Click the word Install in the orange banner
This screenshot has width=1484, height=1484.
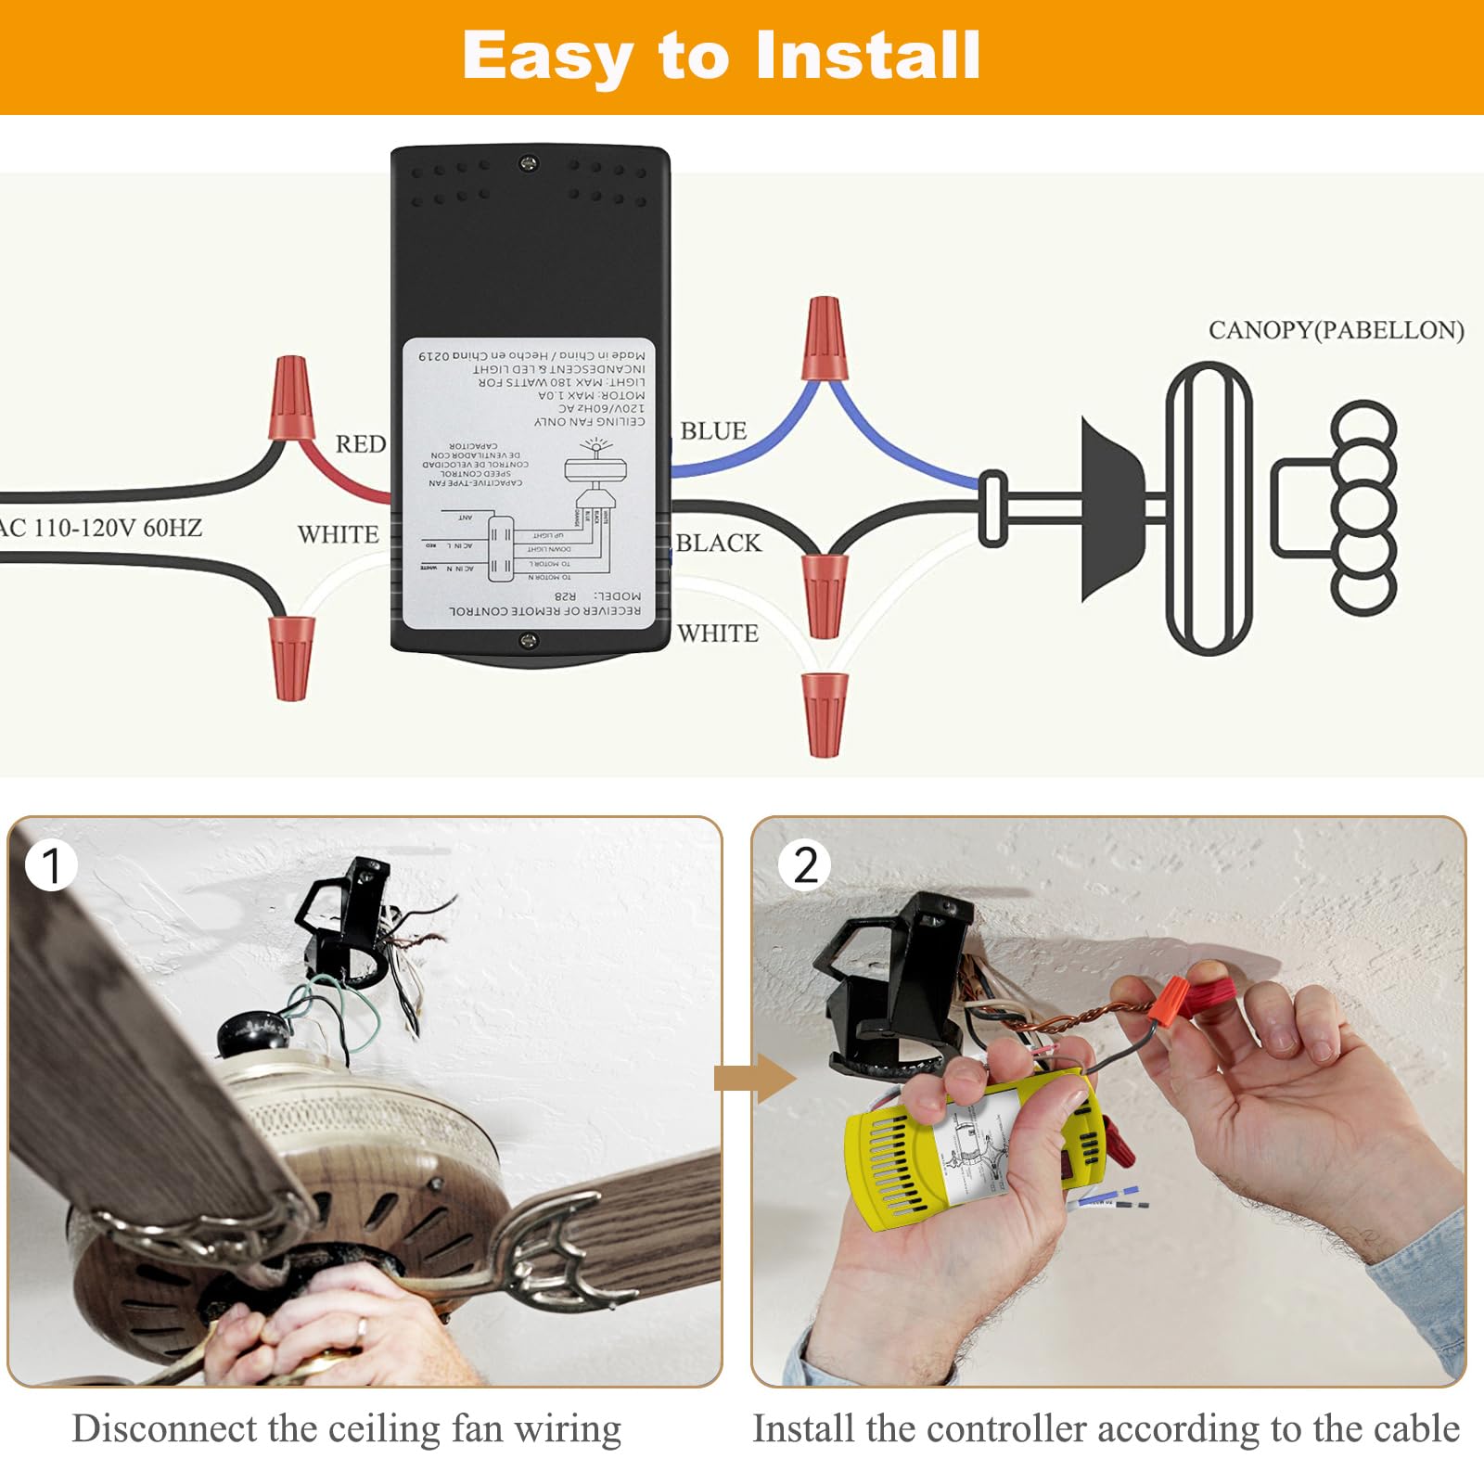867,56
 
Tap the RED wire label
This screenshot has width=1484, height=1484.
360,444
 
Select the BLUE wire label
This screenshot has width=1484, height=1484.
713,431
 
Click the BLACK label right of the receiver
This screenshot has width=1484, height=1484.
718,543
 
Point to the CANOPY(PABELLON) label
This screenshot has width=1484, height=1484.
1336,330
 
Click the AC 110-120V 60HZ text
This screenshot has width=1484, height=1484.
100,529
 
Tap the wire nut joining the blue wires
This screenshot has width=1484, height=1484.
824,339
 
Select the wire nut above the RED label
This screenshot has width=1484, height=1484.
290,399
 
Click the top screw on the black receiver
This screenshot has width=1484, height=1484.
529,164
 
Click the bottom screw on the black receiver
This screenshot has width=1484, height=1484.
529,639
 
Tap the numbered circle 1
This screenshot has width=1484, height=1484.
51,865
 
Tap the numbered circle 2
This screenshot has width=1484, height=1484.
805,865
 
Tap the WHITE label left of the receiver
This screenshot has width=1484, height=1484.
338,535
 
